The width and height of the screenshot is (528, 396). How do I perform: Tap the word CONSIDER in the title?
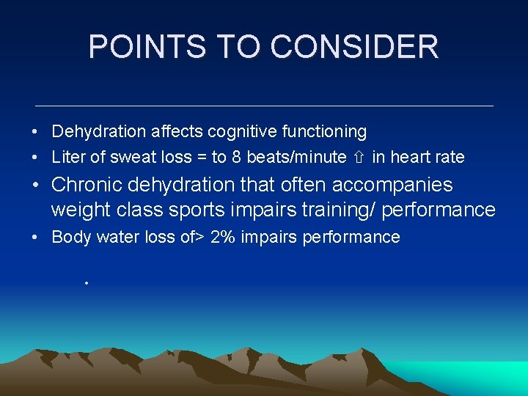coord(354,47)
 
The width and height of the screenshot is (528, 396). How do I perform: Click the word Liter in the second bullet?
coord(67,157)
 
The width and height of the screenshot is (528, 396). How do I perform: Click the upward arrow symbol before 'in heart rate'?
coord(359,157)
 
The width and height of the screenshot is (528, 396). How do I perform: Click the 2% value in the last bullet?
coord(222,237)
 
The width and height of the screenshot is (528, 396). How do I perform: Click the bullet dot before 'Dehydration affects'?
coord(35,133)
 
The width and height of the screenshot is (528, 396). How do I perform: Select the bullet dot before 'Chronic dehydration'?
coord(35,186)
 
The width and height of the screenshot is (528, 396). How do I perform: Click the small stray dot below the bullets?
coord(86,282)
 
